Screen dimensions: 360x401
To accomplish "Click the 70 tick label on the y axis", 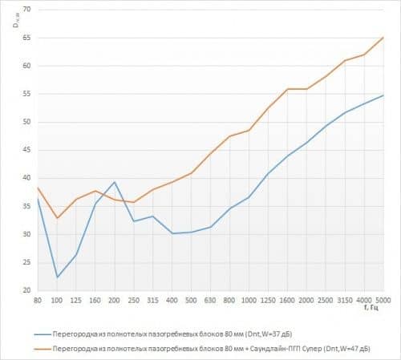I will [x=29, y=10].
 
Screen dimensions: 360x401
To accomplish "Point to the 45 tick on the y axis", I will [x=29, y=150].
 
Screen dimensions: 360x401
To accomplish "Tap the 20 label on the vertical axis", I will [x=29, y=290].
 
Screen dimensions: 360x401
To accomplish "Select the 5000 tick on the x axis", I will [x=383, y=298].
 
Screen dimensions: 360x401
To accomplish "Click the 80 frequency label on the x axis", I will [x=38, y=298].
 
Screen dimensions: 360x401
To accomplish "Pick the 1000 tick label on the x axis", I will [x=249, y=298].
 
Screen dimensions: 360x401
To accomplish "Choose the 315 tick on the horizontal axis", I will [x=153, y=298].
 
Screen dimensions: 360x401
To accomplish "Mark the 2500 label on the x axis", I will [x=326, y=298].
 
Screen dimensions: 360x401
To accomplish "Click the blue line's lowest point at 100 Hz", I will [x=57, y=277].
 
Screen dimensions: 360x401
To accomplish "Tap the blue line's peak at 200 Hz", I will [x=115, y=182].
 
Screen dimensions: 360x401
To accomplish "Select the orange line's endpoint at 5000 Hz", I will [x=383, y=37].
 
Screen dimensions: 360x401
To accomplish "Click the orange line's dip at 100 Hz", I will [x=57, y=218].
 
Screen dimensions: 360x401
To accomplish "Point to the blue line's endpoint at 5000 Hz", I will [x=383, y=95].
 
